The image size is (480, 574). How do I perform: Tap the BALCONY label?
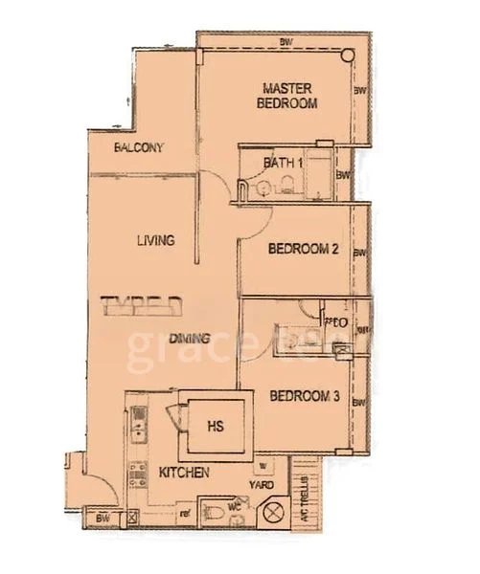139,148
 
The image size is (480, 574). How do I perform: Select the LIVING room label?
155,240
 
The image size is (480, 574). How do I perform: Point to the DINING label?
190,338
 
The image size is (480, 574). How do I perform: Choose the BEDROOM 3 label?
304,396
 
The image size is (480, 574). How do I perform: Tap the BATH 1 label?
283,164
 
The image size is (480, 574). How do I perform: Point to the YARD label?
263,484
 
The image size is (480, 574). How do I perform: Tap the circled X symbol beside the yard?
274,512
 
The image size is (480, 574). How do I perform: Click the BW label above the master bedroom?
286,42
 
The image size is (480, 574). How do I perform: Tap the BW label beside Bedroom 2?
358,254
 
